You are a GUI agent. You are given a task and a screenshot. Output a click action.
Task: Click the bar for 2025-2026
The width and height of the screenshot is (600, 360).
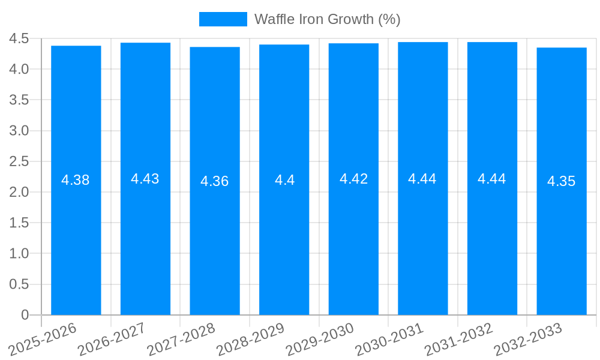tap(76, 240)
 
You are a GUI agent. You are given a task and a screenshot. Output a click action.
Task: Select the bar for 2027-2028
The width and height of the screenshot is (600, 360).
tap(215, 240)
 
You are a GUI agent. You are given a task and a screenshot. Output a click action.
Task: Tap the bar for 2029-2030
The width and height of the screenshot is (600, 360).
tap(353, 240)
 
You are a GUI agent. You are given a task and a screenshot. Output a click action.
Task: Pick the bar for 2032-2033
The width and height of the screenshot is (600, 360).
tap(562, 240)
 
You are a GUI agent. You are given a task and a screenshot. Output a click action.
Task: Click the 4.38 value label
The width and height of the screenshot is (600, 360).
tap(76, 180)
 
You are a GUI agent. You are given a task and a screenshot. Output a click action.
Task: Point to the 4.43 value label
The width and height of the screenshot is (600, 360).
tap(145, 179)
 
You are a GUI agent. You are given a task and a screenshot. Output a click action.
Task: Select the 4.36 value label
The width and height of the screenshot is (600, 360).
tap(215, 181)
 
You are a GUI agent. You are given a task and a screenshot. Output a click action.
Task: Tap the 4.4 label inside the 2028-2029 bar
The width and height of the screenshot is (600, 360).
tap(284, 180)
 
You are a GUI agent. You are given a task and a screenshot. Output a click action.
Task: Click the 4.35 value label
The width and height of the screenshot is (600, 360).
tap(562, 181)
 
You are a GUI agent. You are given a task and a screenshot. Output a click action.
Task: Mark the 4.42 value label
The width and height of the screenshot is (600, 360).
tap(353, 179)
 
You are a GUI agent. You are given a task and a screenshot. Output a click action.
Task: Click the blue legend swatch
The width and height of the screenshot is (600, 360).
tap(223, 19)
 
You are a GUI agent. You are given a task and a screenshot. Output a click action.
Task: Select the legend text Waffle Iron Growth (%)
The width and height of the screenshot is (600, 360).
tap(327, 19)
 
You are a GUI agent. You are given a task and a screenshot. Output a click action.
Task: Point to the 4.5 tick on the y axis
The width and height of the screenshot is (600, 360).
tap(19, 38)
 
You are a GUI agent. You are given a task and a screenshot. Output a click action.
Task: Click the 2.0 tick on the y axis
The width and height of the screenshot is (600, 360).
tap(19, 192)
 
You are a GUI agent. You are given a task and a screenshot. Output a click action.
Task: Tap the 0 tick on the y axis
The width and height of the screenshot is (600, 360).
tap(25, 315)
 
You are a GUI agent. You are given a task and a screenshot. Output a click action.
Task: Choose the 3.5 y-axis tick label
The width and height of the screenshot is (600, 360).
tap(19, 100)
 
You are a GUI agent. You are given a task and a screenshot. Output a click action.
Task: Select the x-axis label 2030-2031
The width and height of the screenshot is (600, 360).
tap(390, 338)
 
